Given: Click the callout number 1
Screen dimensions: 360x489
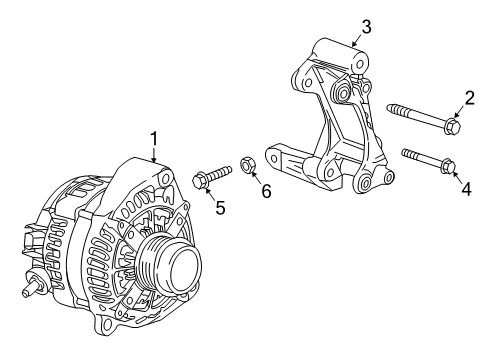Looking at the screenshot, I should coord(154,137).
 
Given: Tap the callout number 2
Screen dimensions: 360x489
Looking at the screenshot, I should coord(468,97).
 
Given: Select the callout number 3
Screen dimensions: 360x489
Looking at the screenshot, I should coord(366,26).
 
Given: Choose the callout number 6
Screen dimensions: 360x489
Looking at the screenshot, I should coord(266,190).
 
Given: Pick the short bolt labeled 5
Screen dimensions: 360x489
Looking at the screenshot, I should coord(209,176).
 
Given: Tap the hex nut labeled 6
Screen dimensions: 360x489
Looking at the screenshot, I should coord(246,163).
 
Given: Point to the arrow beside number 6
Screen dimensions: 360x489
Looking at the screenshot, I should coord(257,176).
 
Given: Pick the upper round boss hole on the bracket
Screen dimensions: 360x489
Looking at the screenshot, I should coord(346,96).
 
